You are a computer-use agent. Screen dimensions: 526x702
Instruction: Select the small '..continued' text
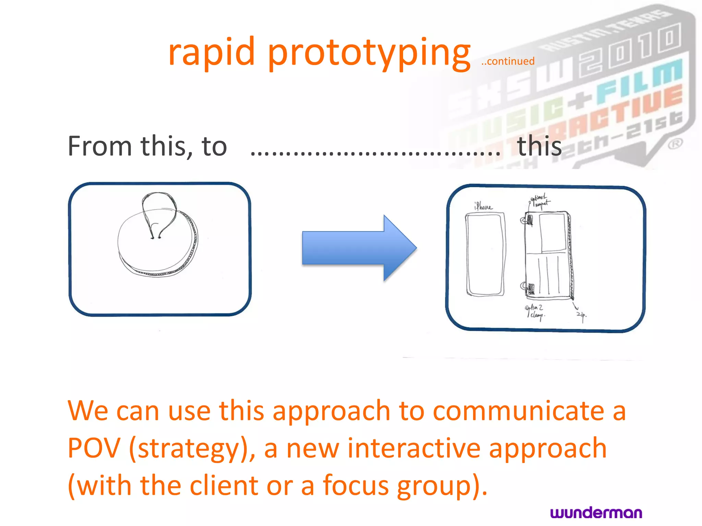point(508,61)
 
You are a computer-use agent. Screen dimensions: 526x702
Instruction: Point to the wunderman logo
point(596,513)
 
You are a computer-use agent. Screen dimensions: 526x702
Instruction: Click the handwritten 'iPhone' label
point(483,206)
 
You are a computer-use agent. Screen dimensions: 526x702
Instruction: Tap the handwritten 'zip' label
point(581,315)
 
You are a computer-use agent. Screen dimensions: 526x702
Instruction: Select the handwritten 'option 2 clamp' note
point(535,312)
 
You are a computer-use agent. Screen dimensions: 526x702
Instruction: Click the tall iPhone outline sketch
point(485,254)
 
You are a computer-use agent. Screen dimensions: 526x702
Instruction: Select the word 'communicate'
point(518,411)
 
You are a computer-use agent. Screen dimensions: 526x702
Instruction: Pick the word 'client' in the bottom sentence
point(224,486)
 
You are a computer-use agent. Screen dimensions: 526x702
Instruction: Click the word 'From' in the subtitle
point(100,146)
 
